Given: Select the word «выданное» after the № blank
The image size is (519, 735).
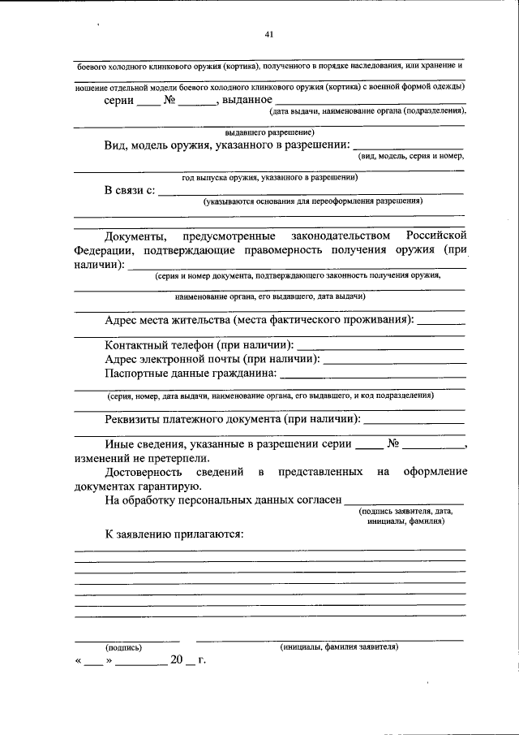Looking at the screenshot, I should [247, 100].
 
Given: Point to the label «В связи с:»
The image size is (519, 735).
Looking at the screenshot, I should [129, 191].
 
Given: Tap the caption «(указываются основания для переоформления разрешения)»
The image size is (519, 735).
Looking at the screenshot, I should [313, 201].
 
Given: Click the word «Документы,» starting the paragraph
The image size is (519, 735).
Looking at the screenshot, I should [135, 236].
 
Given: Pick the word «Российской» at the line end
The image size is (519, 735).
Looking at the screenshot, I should [436, 236].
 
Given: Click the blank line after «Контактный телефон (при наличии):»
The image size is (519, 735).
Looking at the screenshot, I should [381, 348].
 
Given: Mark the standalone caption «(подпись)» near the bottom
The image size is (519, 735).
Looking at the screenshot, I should [123, 647].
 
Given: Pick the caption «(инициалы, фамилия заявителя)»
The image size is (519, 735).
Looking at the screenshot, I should [339, 647].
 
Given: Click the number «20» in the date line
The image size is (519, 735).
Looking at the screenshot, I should [178, 661].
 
